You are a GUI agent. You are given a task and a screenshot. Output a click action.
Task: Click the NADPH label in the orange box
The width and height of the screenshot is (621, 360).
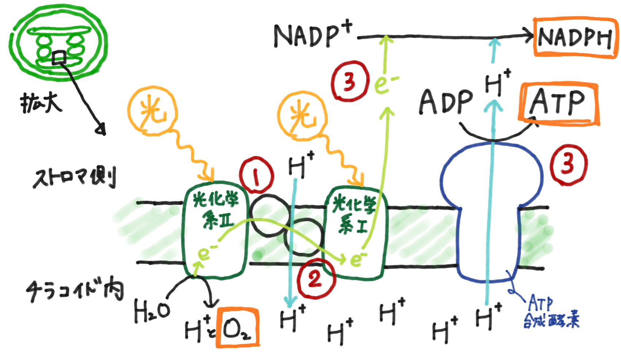[575, 38]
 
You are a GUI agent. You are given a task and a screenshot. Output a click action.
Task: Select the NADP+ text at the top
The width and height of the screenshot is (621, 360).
[312, 35]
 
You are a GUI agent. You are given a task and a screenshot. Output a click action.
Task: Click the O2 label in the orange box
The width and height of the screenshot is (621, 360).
[237, 328]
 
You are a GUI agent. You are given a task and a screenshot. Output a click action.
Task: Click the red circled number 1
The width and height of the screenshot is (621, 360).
[256, 176]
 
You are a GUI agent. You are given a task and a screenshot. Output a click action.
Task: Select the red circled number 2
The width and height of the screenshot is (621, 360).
[315, 279]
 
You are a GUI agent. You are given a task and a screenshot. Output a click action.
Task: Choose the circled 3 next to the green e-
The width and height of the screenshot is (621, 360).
[349, 82]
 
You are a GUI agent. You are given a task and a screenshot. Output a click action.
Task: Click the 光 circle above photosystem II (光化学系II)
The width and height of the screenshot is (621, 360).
[153, 111]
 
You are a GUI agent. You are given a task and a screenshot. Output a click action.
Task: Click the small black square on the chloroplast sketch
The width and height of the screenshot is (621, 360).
[59, 58]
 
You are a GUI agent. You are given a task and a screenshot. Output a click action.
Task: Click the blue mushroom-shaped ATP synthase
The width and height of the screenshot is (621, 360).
[489, 204]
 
